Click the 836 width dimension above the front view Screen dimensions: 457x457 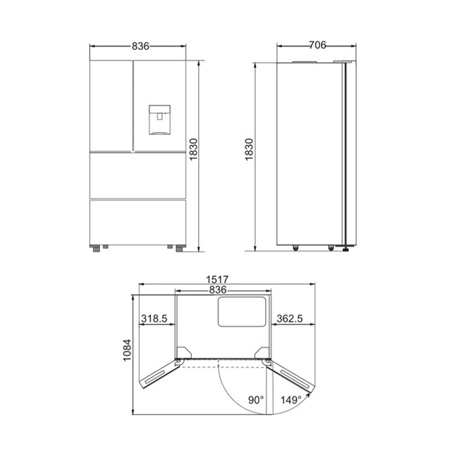140,46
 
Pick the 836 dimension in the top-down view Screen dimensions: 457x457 222,290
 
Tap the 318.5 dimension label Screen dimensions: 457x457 154,319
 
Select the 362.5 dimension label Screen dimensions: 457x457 290,319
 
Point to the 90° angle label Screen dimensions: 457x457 256,400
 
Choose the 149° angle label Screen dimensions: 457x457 292,400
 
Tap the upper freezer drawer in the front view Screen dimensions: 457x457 138,174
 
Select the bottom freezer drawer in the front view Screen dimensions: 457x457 138,221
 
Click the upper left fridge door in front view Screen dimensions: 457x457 111,105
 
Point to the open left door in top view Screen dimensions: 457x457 160,371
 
